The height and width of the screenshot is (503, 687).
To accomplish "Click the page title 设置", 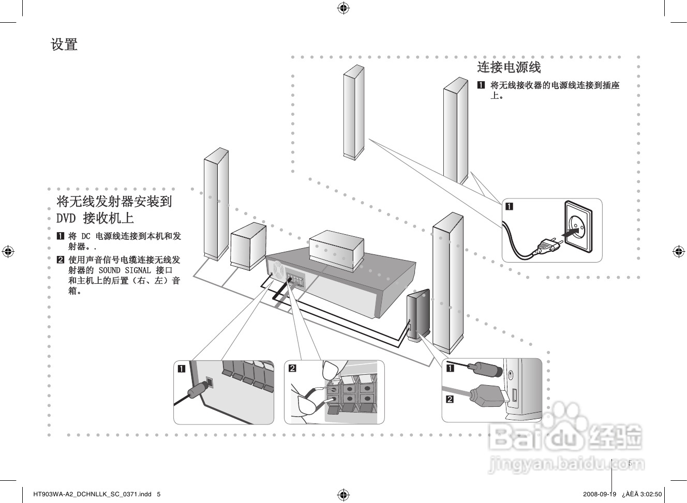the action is click(x=64, y=44).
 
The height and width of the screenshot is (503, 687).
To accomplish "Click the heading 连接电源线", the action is click(x=509, y=67).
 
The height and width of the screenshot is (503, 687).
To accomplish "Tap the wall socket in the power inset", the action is click(x=578, y=226).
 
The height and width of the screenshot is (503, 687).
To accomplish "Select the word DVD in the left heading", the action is click(x=66, y=218).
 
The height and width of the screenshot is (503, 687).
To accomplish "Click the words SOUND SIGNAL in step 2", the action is click(x=125, y=270).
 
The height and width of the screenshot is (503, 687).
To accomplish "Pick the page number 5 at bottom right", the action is click(x=630, y=463).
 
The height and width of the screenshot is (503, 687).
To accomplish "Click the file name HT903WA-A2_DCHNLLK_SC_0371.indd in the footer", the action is click(x=92, y=494).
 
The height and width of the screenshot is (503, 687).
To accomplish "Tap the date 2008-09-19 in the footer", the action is click(x=599, y=494).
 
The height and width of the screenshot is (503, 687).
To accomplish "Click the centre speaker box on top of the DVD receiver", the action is click(x=336, y=250).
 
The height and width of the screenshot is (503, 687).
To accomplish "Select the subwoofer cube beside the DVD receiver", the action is click(x=248, y=246).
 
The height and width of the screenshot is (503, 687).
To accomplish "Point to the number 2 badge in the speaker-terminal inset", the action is click(x=292, y=368).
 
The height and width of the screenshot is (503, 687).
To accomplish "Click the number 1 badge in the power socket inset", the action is click(x=509, y=207).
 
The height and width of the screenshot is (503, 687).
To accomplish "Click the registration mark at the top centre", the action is click(x=343, y=8).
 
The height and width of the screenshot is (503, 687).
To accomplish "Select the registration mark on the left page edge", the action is click(x=8, y=252).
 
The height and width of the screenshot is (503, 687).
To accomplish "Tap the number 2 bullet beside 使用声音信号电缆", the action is click(x=61, y=260).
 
